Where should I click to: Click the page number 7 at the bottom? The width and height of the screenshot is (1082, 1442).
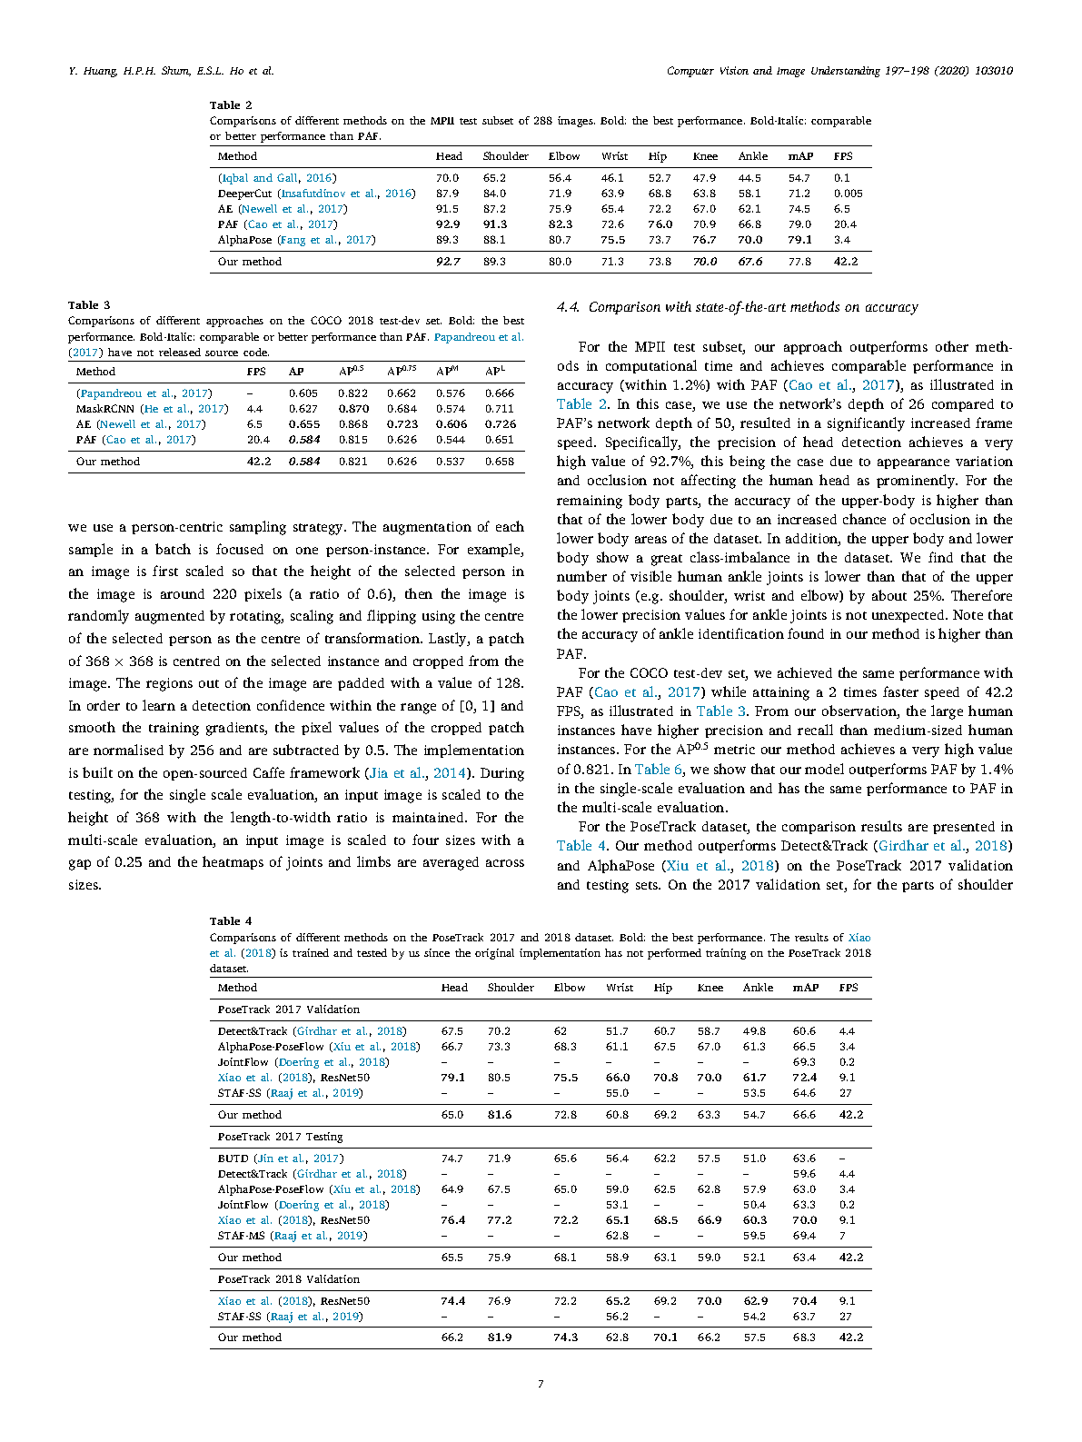(541, 1384)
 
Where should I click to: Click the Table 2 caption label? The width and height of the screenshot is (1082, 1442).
(231, 105)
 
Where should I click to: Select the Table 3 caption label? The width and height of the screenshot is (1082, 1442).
(89, 305)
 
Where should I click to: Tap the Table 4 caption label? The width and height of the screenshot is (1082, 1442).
(231, 921)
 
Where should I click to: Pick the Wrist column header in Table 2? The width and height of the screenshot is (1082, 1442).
(614, 156)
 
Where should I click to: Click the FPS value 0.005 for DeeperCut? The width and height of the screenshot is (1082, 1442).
(848, 194)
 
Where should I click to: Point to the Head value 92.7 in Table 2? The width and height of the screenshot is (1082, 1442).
(448, 262)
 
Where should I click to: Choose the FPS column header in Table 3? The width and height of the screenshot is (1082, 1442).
(256, 372)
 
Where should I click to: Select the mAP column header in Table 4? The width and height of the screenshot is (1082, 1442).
(805, 988)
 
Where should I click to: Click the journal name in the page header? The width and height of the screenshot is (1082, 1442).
(839, 71)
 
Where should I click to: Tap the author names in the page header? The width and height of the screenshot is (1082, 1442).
(171, 71)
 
